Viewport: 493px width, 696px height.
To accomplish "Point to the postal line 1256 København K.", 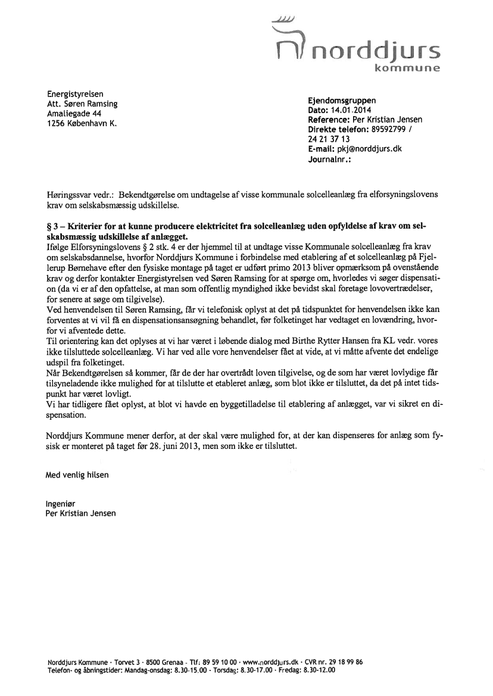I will [81, 123].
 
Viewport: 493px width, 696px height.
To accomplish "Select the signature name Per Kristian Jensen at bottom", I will [81, 513].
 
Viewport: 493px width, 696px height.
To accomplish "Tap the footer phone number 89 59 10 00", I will [220, 661].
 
